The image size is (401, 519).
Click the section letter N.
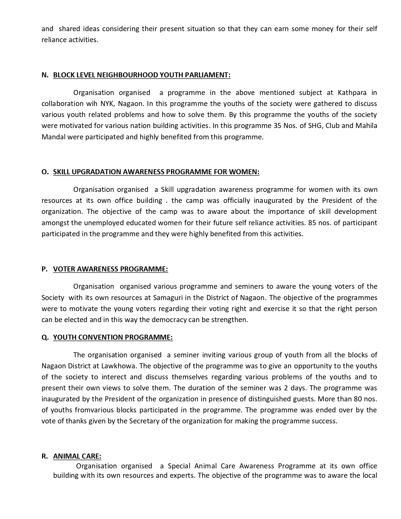44,75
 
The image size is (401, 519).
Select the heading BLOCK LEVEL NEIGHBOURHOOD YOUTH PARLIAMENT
142,75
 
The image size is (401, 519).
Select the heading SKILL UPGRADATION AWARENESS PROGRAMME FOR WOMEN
156,172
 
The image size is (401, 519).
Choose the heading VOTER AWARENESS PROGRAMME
110,269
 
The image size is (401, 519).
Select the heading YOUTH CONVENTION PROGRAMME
113,338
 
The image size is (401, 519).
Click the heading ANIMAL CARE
77,456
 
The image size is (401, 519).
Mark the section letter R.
44,456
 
